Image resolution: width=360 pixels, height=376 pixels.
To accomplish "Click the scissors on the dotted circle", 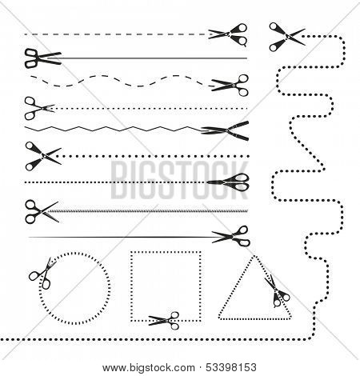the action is pos(42,274).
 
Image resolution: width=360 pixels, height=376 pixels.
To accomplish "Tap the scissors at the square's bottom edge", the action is pos(164,321).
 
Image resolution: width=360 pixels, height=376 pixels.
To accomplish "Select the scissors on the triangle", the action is pos(277,291).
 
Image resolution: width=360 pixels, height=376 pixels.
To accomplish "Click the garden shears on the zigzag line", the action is pos(225,130).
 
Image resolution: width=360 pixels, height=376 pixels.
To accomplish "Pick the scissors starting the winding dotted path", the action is pos(286,37).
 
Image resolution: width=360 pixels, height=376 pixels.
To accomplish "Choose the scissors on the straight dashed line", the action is pos(228,34).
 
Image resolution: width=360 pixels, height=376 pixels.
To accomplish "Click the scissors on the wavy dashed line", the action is pos(230,86).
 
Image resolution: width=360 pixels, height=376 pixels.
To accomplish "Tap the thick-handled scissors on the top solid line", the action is pos(42,58).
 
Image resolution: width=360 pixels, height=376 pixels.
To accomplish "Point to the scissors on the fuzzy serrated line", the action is pos(42,212).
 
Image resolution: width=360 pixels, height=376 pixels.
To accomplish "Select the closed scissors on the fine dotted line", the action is pos(228,182).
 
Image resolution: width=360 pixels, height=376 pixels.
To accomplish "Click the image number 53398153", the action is pos(231,367).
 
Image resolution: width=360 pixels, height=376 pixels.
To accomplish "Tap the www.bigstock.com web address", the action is pos(149,368).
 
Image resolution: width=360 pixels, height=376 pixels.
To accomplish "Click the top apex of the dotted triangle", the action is pos(254,256).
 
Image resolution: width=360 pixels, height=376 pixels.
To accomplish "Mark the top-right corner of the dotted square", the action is pos(200,252).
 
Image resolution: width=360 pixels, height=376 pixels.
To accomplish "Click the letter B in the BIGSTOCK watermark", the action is pos(118,179).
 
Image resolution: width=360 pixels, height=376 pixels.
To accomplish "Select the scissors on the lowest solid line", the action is pos(231,236).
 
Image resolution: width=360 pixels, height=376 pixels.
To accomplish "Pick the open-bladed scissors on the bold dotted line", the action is pos(43,156).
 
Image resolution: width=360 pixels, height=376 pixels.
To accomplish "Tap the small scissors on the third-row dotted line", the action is pos(39,108).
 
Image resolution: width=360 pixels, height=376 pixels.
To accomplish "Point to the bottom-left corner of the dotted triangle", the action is pos(219,318).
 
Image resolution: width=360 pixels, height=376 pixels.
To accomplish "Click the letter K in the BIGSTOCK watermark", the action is pos(238,179).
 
